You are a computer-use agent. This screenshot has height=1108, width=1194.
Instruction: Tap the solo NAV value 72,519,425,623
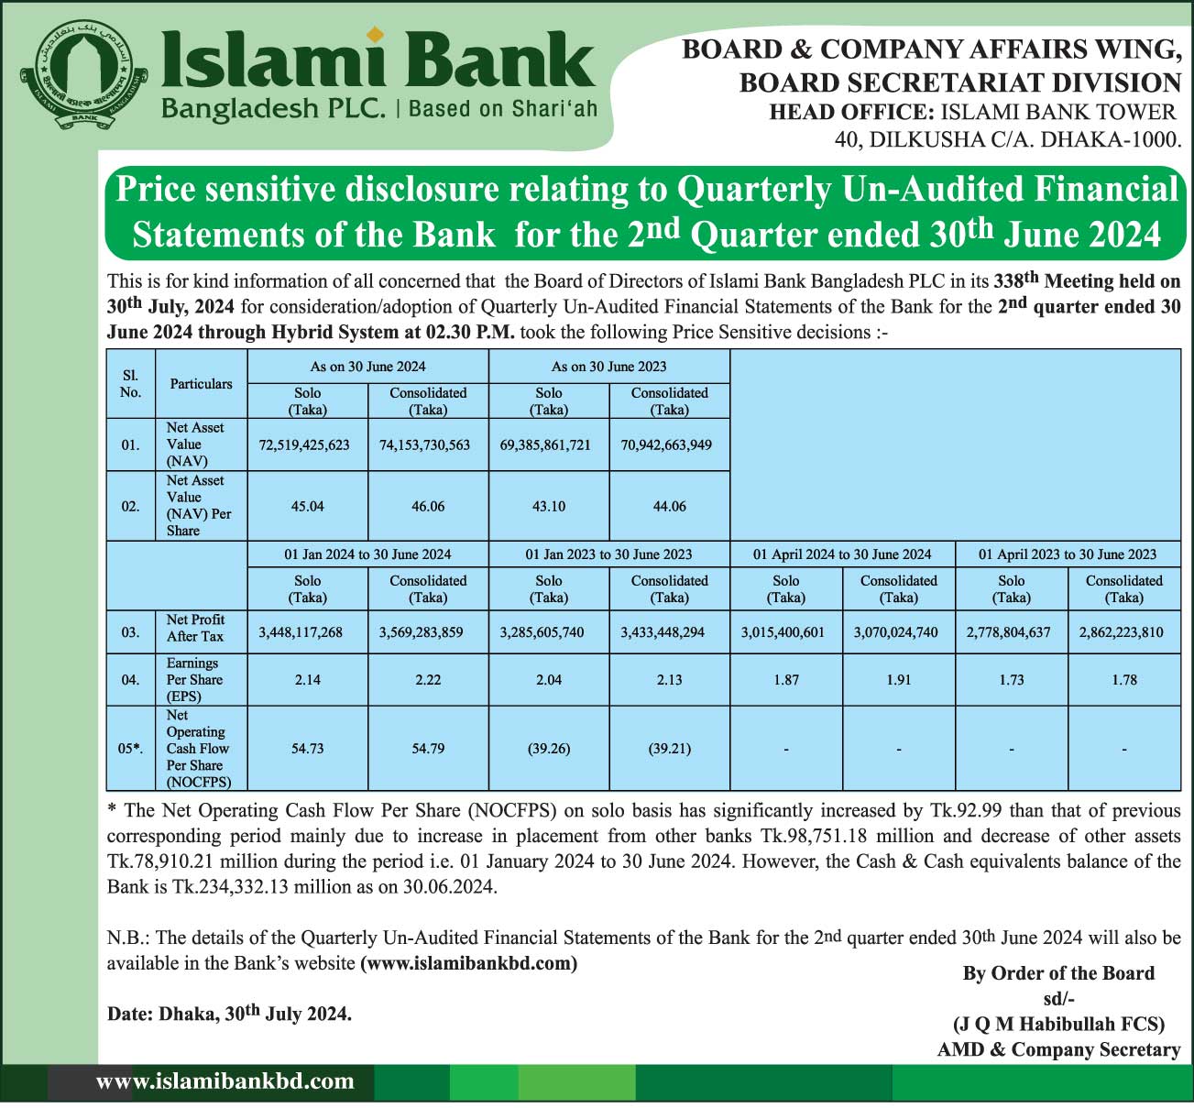304,444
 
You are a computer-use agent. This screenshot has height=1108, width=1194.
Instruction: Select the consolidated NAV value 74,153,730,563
424,444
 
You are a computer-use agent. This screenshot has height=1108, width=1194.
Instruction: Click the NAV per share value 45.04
307,506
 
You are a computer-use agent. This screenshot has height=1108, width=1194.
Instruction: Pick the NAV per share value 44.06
669,506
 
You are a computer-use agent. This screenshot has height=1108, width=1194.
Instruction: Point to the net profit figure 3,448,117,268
301,632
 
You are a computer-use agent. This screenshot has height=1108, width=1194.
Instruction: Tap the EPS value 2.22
428,680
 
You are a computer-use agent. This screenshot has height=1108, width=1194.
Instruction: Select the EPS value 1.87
786,680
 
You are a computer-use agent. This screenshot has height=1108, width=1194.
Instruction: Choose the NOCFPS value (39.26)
549,749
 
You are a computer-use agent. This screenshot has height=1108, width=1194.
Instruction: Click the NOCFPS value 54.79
428,749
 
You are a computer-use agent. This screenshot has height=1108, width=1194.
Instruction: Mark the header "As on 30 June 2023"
608,367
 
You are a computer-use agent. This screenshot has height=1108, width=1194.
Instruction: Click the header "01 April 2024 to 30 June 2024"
842,554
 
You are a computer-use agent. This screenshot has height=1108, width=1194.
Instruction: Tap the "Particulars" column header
201,384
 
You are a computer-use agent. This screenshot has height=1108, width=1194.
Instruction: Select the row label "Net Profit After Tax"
195,629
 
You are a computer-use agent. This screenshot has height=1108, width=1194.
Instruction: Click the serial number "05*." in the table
130,749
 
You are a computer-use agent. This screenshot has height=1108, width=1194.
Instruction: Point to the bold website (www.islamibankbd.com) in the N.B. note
469,963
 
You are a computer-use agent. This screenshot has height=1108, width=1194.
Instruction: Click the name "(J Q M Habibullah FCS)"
1058,1024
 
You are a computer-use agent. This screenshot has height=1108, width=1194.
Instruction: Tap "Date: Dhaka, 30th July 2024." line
229,1014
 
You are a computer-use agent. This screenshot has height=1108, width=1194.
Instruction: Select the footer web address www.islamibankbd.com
225,1081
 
